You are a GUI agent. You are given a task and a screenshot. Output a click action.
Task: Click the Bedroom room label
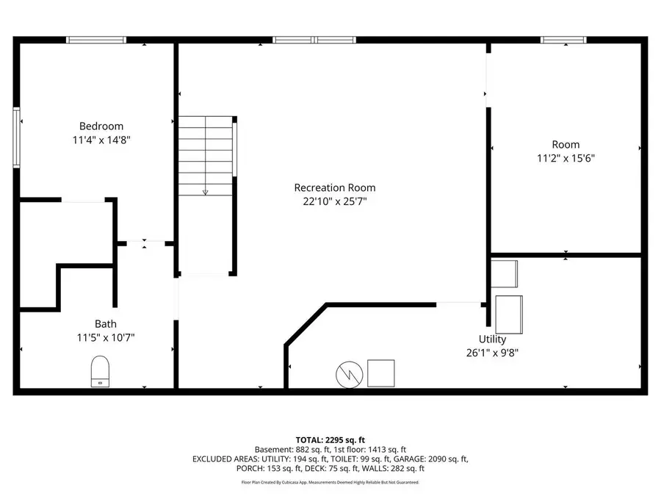101,126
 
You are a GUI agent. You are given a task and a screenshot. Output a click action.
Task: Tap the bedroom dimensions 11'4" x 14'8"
101,140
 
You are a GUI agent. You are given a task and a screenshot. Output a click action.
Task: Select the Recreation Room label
329,187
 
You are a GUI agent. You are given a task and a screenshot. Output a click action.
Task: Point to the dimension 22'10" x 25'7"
330,201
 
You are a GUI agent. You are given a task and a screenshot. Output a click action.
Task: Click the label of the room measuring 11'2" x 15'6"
566,145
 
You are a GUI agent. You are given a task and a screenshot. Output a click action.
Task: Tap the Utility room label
492,339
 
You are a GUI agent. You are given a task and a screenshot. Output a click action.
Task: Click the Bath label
105,324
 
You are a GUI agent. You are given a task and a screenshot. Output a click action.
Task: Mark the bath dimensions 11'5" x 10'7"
105,337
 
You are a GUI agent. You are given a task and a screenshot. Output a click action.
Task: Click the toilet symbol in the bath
99,370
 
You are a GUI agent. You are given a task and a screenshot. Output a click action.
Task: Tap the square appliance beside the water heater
380,373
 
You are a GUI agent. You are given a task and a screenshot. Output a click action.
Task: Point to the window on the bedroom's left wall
16,137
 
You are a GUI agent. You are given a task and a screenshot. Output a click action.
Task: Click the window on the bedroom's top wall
96,40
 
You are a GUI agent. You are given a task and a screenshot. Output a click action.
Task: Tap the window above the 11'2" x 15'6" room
563,40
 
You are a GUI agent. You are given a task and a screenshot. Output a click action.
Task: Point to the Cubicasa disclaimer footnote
330,482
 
